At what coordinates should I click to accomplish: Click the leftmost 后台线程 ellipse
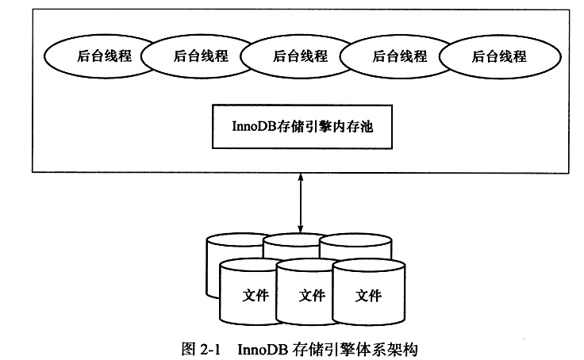[x=93, y=56]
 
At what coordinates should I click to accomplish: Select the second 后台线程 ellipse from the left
[x=194, y=56]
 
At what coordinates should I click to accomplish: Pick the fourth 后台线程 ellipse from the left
[x=394, y=56]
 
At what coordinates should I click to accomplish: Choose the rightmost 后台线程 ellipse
[x=494, y=56]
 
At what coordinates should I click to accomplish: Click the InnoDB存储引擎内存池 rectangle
[x=302, y=125]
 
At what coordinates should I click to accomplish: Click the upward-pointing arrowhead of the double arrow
[x=300, y=181]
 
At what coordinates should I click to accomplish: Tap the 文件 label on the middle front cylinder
[x=311, y=296]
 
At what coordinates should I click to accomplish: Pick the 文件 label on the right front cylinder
[x=368, y=296]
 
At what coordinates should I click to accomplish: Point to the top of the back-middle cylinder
[x=298, y=239]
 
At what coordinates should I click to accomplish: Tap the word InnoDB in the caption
[x=261, y=347]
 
